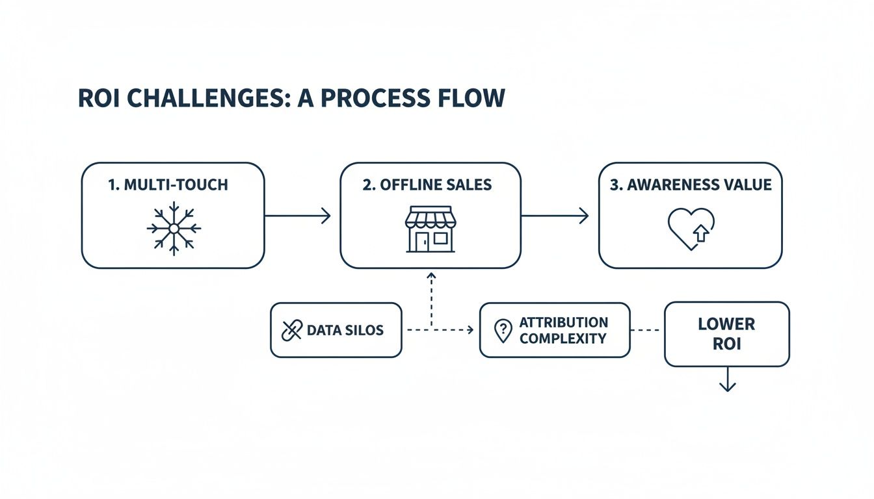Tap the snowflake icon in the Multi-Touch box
click(174, 229)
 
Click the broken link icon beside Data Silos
click(291, 330)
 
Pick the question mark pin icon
click(503, 330)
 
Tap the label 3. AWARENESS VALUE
click(691, 185)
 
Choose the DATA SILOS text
click(345, 330)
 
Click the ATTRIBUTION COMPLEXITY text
click(563, 330)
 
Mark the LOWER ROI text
click(726, 333)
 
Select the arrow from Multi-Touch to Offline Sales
click(298, 216)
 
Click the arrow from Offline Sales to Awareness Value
click(555, 216)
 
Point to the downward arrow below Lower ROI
click(727, 381)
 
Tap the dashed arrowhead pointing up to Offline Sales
click(430, 275)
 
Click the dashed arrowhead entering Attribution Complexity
click(469, 330)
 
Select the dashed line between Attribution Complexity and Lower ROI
click(647, 330)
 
